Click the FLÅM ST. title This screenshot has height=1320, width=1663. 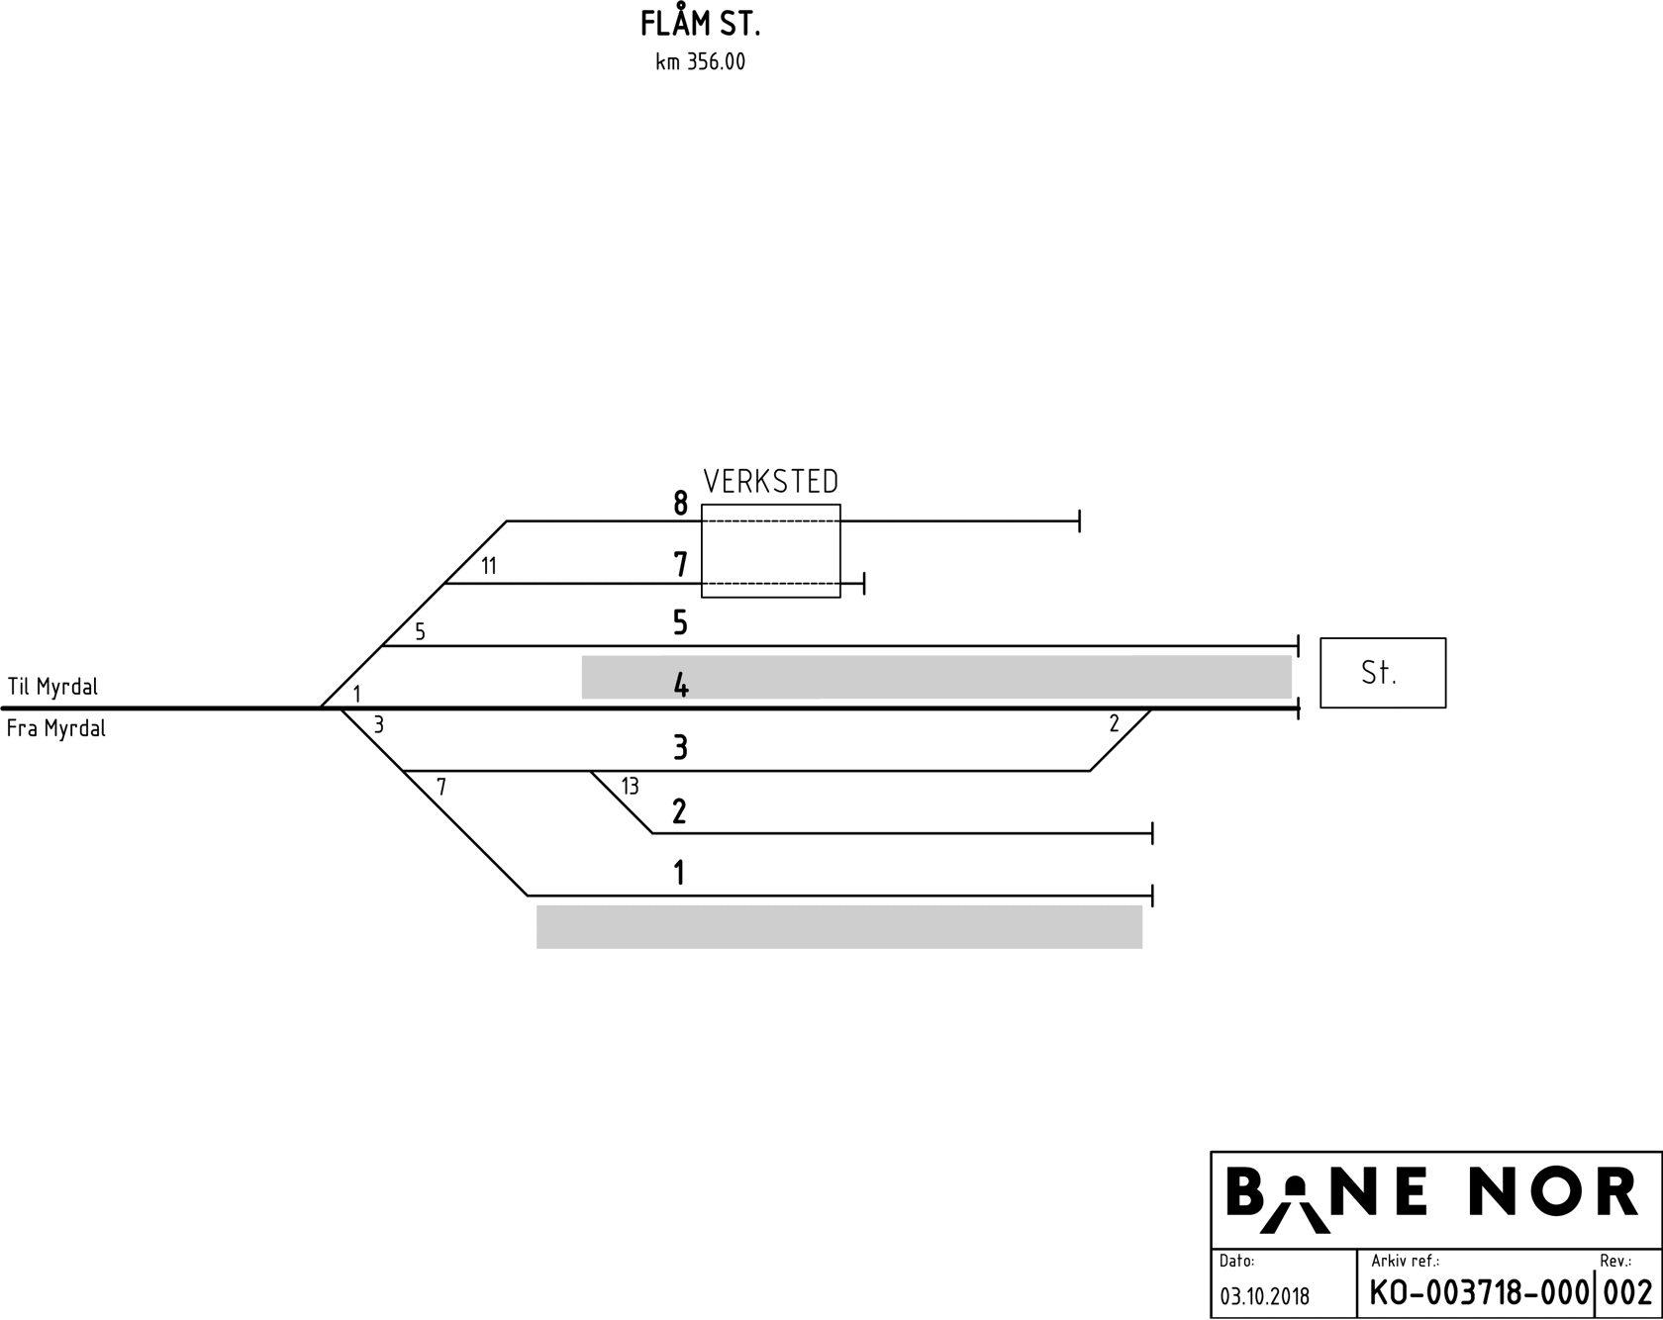700,24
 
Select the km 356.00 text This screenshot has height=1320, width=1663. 700,62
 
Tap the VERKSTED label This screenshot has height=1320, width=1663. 770,482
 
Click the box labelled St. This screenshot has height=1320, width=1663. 1382,673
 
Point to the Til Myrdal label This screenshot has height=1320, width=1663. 52,686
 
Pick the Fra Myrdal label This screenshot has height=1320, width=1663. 56,729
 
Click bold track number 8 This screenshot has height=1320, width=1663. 680,504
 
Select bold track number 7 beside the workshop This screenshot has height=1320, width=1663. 680,564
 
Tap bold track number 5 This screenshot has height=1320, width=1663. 680,622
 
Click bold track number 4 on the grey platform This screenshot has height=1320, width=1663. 681,685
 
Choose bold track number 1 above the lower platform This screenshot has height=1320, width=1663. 679,873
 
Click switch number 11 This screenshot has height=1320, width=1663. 489,566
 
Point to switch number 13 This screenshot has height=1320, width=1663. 630,787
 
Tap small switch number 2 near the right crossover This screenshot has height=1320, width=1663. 1114,724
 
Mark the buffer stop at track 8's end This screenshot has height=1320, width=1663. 1079,520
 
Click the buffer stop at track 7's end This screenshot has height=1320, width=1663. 864,583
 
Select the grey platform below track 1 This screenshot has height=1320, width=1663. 839,927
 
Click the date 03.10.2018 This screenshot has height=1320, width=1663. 1264,1296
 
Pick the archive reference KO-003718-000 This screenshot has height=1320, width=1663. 1479,1293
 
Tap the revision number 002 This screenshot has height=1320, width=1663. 1628,1293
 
